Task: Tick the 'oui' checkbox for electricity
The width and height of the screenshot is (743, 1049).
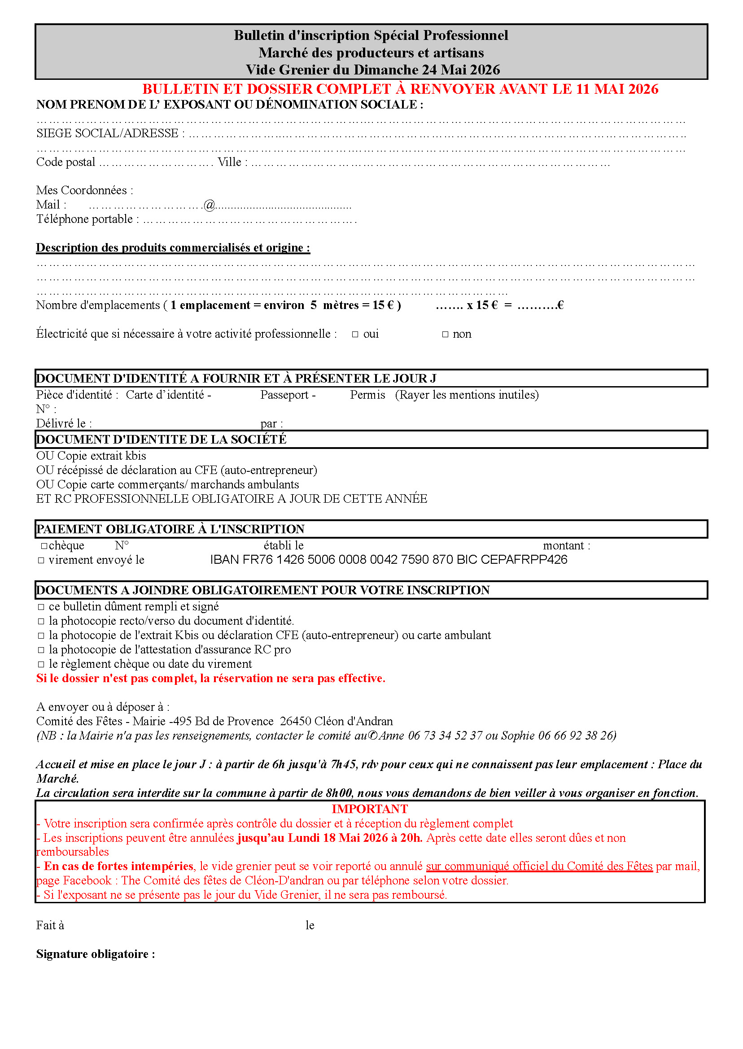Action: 355,335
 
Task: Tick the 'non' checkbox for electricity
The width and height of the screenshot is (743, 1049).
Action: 445,335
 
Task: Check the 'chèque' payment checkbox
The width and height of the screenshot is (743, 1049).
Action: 44,546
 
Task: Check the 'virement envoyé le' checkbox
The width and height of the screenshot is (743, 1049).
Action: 41,560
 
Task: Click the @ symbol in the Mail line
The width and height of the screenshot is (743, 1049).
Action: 209,205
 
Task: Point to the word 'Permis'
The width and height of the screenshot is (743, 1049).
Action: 367,395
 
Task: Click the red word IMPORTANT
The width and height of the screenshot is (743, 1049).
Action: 370,809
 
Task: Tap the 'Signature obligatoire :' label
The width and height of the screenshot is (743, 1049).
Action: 96,954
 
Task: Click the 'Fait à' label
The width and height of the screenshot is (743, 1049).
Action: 50,925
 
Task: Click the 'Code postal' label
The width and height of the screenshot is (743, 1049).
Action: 66,162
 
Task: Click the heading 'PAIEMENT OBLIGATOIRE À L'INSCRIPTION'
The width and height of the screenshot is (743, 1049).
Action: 170,529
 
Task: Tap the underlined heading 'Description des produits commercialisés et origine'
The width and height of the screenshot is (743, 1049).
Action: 173,248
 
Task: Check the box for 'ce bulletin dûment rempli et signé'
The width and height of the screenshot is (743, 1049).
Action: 41,607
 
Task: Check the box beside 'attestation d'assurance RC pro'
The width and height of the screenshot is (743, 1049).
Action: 41,650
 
